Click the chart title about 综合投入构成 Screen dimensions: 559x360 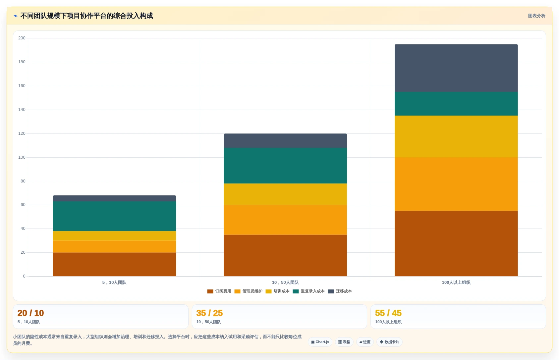coord(86,16)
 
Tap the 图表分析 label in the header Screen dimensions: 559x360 coord(536,16)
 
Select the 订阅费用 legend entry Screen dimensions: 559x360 coord(219,291)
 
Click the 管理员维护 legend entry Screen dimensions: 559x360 coord(248,291)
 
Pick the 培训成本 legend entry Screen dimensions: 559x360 coord(277,291)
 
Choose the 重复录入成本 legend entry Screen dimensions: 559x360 coord(309,291)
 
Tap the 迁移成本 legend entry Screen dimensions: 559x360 coord(340,291)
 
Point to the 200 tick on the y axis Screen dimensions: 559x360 coord(22,38)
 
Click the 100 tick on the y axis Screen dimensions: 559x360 coord(22,157)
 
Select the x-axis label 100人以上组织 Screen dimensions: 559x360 coord(456,283)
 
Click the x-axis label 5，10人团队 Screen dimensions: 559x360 coord(114,283)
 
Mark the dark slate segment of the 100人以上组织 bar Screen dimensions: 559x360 coord(456,68)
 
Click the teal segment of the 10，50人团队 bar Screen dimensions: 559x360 coord(285,166)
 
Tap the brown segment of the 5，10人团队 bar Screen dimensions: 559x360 coord(114,264)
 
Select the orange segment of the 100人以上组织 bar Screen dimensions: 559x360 coord(456,184)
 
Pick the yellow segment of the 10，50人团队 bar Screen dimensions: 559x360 coord(285,194)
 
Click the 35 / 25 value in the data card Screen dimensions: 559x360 coord(209,313)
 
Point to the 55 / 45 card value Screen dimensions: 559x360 coord(388,313)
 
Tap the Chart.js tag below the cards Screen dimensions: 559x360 coord(320,342)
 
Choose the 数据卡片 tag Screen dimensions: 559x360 coord(389,342)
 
